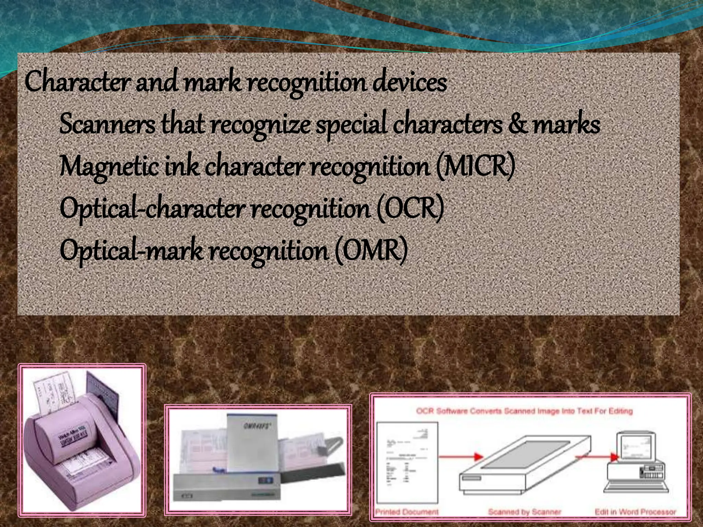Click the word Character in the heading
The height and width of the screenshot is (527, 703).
(77, 82)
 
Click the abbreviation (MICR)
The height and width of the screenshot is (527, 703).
(475, 166)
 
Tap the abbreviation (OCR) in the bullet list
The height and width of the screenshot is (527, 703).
(410, 208)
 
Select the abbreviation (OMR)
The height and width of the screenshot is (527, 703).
(371, 250)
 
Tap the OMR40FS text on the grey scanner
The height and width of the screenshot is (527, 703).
(254, 426)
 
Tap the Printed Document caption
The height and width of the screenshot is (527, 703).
(407, 512)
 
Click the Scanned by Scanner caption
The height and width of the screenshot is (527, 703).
(524, 512)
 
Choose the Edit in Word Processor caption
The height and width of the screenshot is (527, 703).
(635, 512)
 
